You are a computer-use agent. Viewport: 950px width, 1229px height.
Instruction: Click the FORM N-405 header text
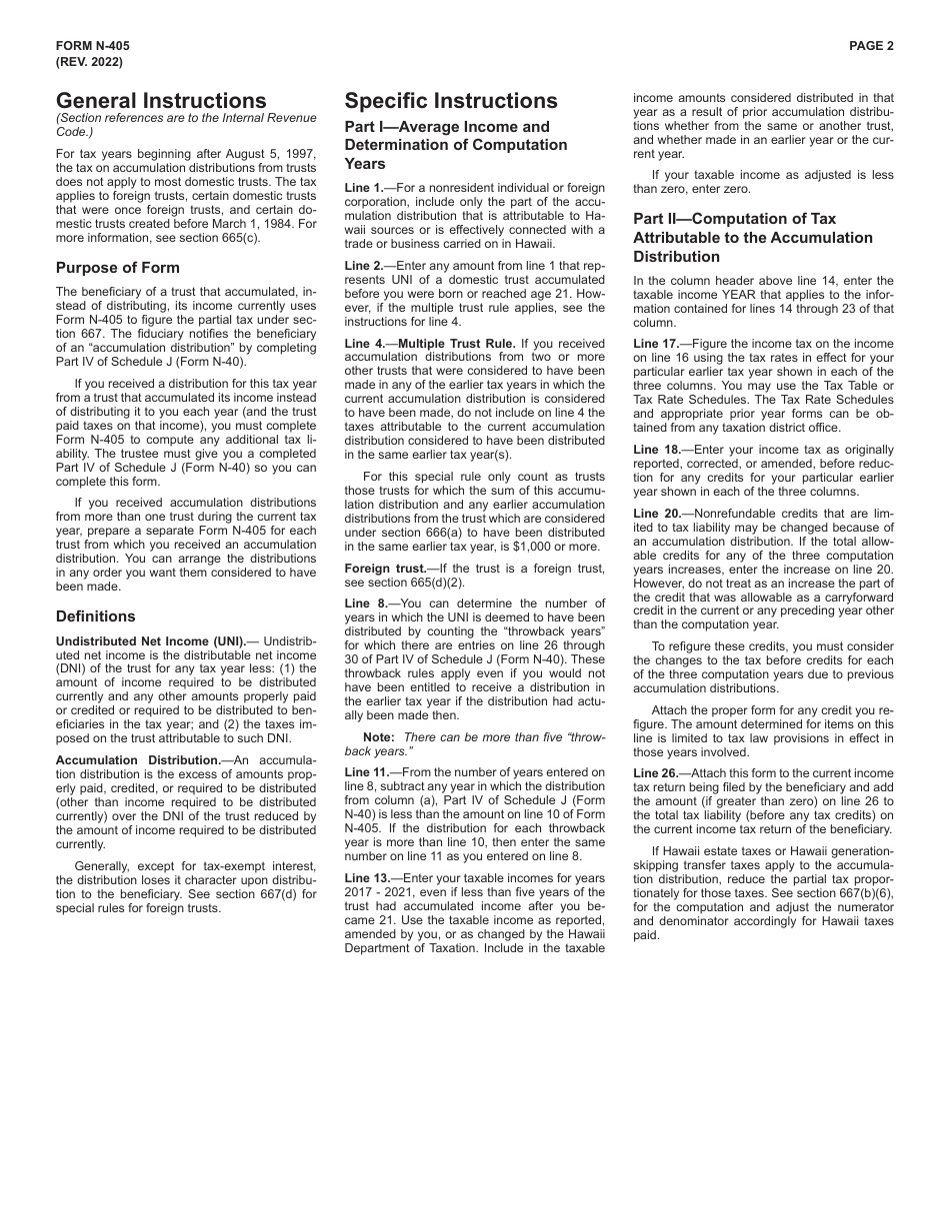(93, 46)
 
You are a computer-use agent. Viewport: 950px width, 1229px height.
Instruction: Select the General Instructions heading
(161, 101)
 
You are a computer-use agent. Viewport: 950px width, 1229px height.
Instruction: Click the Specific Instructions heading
(451, 101)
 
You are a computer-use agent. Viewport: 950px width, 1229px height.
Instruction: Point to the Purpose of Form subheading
(118, 268)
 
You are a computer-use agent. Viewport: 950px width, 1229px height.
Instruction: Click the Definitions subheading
(96, 616)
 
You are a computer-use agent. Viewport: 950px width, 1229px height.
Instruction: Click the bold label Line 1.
(363, 188)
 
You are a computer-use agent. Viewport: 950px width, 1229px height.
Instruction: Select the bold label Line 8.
(363, 604)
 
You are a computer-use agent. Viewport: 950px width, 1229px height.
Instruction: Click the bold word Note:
(379, 736)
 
